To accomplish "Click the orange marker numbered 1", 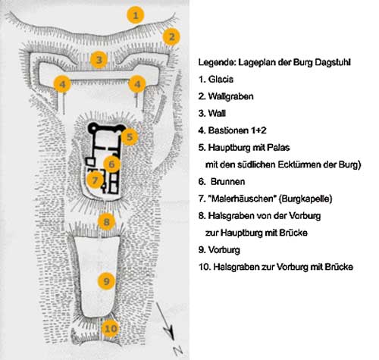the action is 136,15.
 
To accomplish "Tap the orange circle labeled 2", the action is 171,37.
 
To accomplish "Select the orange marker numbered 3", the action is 99,60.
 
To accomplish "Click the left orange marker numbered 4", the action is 62,84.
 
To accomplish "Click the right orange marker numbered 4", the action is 137,84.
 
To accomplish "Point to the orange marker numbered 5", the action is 130,137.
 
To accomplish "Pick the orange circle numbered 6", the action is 111,164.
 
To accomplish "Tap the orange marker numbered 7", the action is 95,180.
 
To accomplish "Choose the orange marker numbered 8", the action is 106,222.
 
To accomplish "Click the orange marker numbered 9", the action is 106,281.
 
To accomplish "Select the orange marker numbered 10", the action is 111,328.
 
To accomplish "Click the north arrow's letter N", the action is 178,350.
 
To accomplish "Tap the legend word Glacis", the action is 221,80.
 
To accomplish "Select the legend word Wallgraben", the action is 230,96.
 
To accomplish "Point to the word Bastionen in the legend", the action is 228,130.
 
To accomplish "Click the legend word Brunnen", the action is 227,181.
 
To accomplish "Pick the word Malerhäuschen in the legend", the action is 243,199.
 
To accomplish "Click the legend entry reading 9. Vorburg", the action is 219,250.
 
